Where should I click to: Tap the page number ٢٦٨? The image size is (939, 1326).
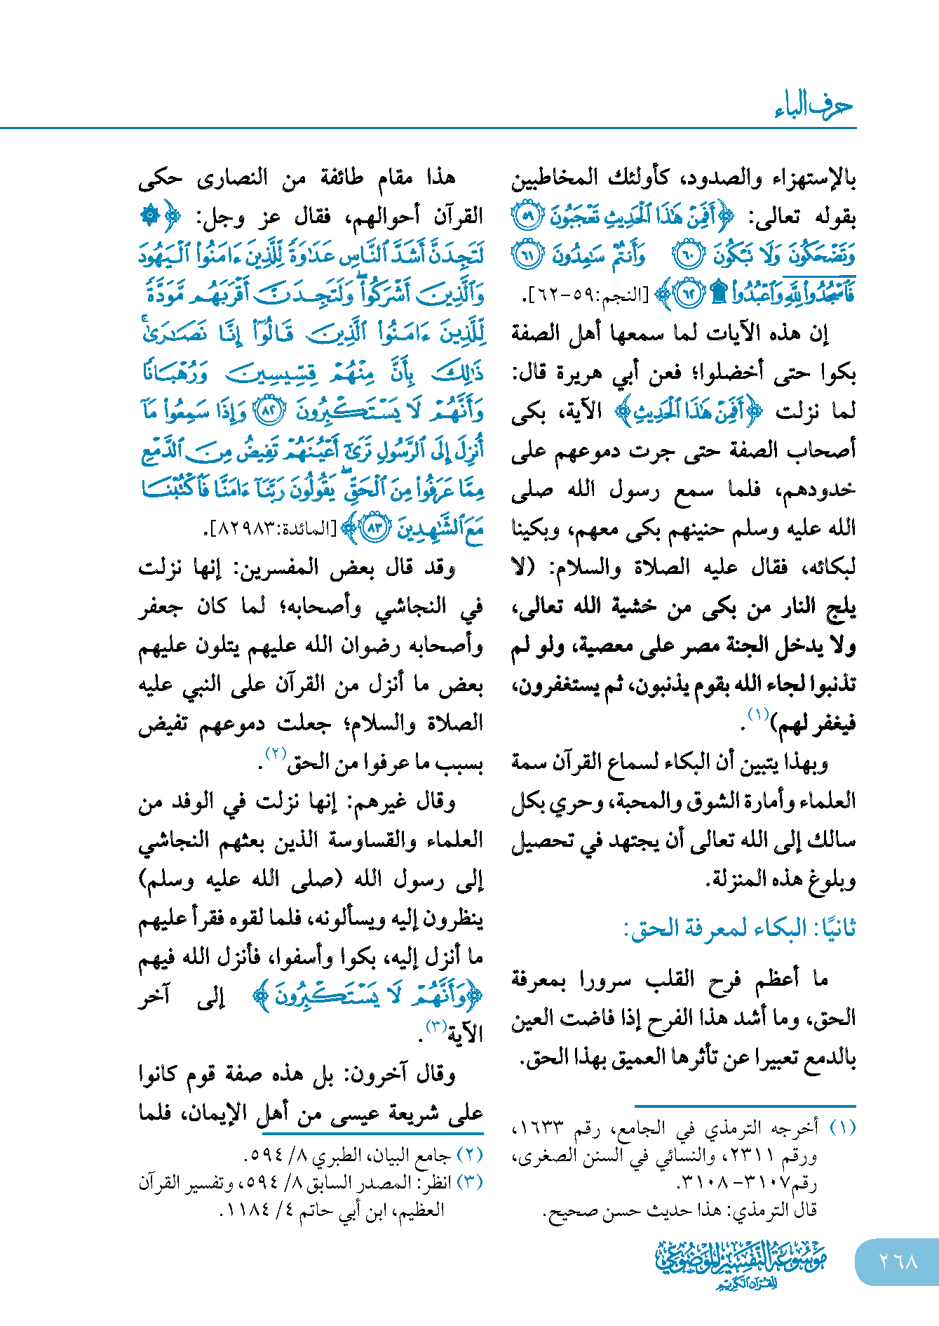point(898,1261)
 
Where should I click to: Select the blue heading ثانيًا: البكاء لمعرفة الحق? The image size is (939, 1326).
point(740,928)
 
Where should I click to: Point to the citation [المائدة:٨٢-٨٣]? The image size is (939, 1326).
point(274,530)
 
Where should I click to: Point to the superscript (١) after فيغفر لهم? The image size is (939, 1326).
point(758,715)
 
